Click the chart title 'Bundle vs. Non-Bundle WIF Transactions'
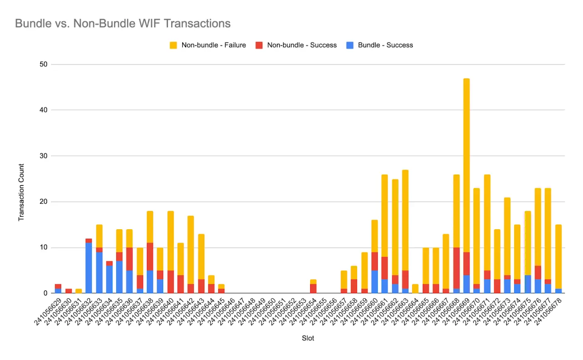coord(123,23)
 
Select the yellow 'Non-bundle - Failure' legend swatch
coord(173,45)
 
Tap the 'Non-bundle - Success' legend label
coord(302,45)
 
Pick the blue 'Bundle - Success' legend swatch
coord(350,45)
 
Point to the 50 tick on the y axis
coord(43,64)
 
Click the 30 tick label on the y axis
coord(43,156)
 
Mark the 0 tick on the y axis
coord(45,293)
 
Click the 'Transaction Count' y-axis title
coord(21,192)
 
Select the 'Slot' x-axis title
coord(308,338)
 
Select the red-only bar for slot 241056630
coord(68,291)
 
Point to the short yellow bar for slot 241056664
coord(415,289)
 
